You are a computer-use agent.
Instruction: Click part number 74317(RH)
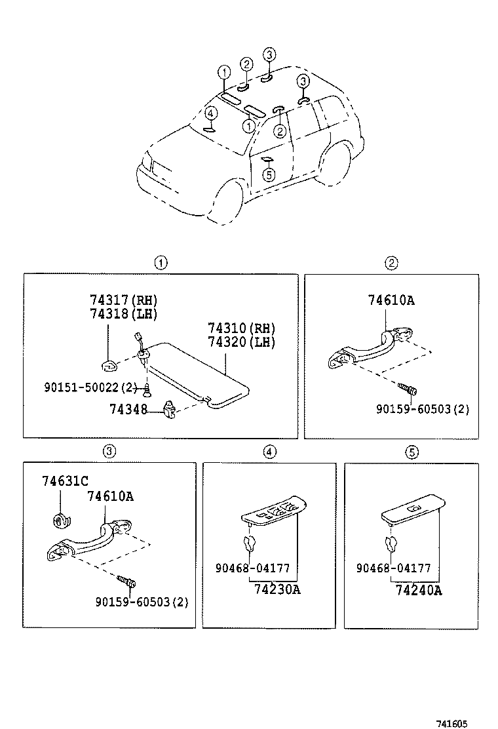124,300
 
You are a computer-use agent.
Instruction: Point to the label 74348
128,409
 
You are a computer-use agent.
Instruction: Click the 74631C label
65,481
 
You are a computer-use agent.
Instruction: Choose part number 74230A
277,589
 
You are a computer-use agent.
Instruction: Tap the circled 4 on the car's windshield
210,113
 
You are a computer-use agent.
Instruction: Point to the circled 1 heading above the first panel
161,263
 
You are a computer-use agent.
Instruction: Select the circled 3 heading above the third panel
109,450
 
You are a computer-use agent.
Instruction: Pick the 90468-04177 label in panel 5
393,569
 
